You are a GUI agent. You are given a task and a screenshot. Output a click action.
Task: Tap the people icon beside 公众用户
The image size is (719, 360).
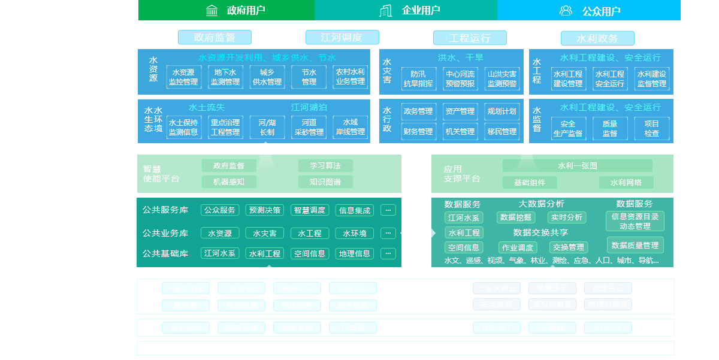(x=566, y=10)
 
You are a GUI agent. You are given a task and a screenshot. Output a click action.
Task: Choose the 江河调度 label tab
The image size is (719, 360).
(x=342, y=38)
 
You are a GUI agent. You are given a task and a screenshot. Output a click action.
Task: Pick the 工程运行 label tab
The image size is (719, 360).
(x=470, y=38)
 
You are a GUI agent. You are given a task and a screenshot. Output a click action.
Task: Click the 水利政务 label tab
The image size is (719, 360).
(x=597, y=38)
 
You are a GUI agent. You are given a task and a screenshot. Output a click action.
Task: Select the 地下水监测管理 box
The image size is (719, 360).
(x=225, y=77)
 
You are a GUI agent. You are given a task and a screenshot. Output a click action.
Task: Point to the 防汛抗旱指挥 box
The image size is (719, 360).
(x=418, y=78)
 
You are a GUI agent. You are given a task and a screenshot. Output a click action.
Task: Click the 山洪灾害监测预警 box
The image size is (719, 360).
(x=502, y=78)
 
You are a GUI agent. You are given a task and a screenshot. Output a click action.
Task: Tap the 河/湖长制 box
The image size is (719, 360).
(x=267, y=127)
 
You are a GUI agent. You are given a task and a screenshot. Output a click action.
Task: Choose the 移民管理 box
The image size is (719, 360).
(x=502, y=131)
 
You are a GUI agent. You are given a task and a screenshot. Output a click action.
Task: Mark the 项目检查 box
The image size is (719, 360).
(x=652, y=128)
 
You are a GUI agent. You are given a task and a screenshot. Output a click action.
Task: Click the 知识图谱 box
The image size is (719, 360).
(x=325, y=181)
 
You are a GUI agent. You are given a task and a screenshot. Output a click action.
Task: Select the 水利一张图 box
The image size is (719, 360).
(x=577, y=166)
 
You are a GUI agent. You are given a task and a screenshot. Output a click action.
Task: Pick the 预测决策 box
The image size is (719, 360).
(x=265, y=210)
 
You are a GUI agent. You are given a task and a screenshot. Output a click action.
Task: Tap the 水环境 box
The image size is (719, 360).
(x=355, y=233)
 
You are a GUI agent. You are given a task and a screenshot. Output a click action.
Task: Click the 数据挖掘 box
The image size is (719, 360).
(x=516, y=217)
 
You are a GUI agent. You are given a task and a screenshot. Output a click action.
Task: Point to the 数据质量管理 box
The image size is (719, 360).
(x=635, y=245)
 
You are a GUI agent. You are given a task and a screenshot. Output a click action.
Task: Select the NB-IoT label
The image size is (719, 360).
(x=497, y=328)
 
